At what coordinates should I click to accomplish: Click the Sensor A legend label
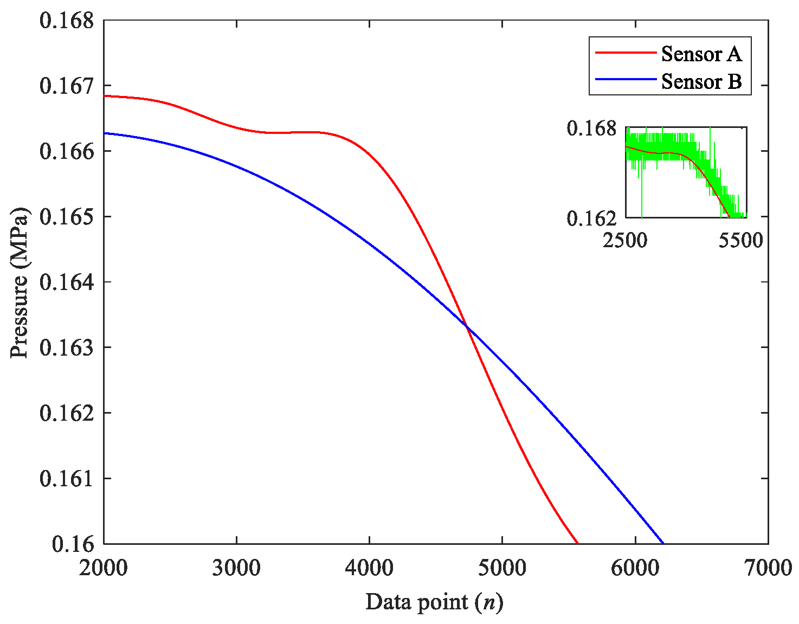[x=701, y=54]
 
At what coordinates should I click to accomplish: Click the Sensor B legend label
[x=701, y=81]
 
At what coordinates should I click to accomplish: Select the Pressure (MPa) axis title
[x=20, y=282]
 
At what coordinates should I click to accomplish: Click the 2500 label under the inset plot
[x=625, y=240]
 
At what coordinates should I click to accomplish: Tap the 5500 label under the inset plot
[x=740, y=240]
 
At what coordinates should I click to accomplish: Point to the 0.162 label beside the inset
[x=591, y=218]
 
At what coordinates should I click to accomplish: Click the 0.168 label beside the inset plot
[x=591, y=128]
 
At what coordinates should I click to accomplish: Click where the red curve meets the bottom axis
[x=578, y=543]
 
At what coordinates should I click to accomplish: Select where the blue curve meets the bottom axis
[x=663, y=543]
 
